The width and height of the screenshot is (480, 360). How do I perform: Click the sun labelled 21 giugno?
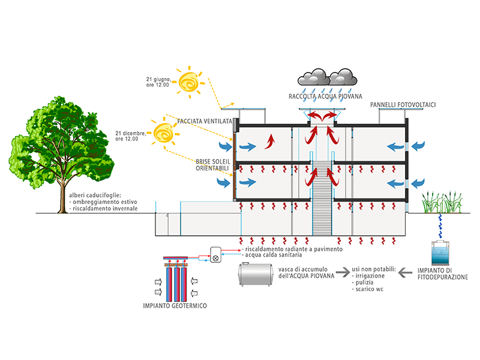(189, 82)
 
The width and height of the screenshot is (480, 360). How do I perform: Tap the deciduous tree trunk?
(62, 199)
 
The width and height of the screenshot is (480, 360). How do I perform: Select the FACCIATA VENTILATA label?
(205, 121)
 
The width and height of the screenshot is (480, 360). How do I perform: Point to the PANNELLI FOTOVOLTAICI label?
(403, 104)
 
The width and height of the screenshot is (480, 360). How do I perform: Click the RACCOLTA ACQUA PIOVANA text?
(325, 97)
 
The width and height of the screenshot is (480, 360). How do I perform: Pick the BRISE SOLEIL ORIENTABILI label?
(213, 164)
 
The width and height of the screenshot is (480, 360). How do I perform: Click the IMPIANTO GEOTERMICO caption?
(175, 305)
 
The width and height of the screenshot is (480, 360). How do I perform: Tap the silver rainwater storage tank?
(256, 274)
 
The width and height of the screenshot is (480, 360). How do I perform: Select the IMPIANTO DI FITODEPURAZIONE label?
(443, 274)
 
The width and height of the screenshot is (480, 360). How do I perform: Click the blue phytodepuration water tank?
(440, 253)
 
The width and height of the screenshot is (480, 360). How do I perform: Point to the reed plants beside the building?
(442, 202)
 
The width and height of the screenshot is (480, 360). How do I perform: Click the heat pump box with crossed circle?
(215, 254)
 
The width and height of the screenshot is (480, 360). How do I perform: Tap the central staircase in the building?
(322, 199)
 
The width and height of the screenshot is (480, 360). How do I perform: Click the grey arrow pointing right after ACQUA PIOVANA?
(343, 272)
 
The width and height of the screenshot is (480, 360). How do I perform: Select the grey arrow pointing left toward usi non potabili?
(406, 272)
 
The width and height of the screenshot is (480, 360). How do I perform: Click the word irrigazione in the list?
(370, 276)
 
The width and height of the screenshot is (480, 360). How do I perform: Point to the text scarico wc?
(369, 289)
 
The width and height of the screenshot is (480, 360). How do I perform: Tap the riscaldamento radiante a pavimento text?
(293, 249)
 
